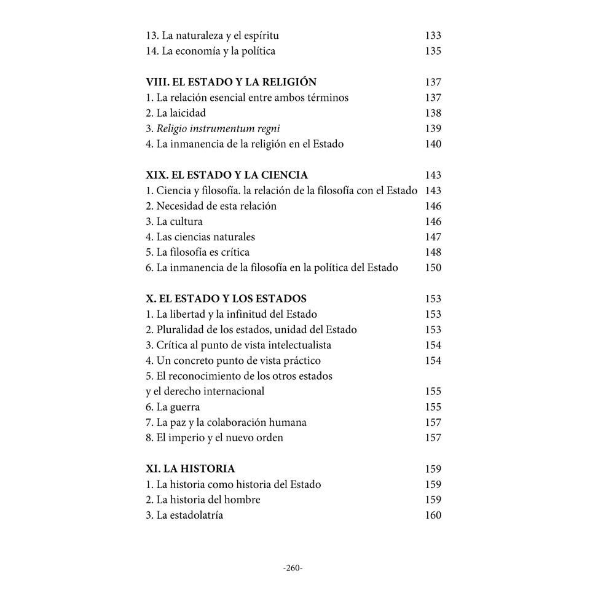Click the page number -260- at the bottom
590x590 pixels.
tap(293, 568)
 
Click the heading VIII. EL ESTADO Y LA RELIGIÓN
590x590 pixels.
tap(231, 82)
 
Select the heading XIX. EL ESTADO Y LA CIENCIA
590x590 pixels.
tap(227, 175)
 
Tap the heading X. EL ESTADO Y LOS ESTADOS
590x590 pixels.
tap(226, 299)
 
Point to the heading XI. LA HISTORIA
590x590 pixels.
tap(191, 469)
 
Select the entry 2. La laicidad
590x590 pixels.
tap(176, 113)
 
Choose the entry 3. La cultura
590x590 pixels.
tap(174, 221)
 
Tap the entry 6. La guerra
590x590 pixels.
tap(173, 407)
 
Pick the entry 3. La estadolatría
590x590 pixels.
tap(184, 515)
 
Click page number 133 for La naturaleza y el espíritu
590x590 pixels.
tap(433, 36)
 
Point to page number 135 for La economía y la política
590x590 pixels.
tap(433, 51)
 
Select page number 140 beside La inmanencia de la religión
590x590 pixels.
tap(433, 144)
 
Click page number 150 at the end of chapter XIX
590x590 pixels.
tap(433, 267)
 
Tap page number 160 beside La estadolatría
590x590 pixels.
tap(433, 515)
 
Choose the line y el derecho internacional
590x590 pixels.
tap(205, 391)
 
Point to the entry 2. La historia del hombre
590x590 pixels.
tap(203, 500)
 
